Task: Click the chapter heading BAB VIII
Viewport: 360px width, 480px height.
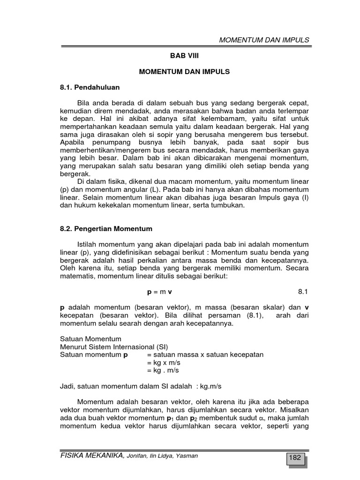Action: (x=184, y=55)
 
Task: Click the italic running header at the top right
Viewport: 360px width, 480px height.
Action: (x=264, y=40)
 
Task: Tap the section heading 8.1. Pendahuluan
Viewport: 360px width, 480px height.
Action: (x=90, y=87)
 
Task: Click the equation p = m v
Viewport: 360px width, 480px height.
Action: (x=159, y=291)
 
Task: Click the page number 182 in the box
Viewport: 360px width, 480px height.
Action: (x=295, y=458)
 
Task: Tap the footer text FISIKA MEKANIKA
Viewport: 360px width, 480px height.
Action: (x=92, y=455)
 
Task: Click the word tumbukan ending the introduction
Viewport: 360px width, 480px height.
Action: (x=228, y=205)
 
